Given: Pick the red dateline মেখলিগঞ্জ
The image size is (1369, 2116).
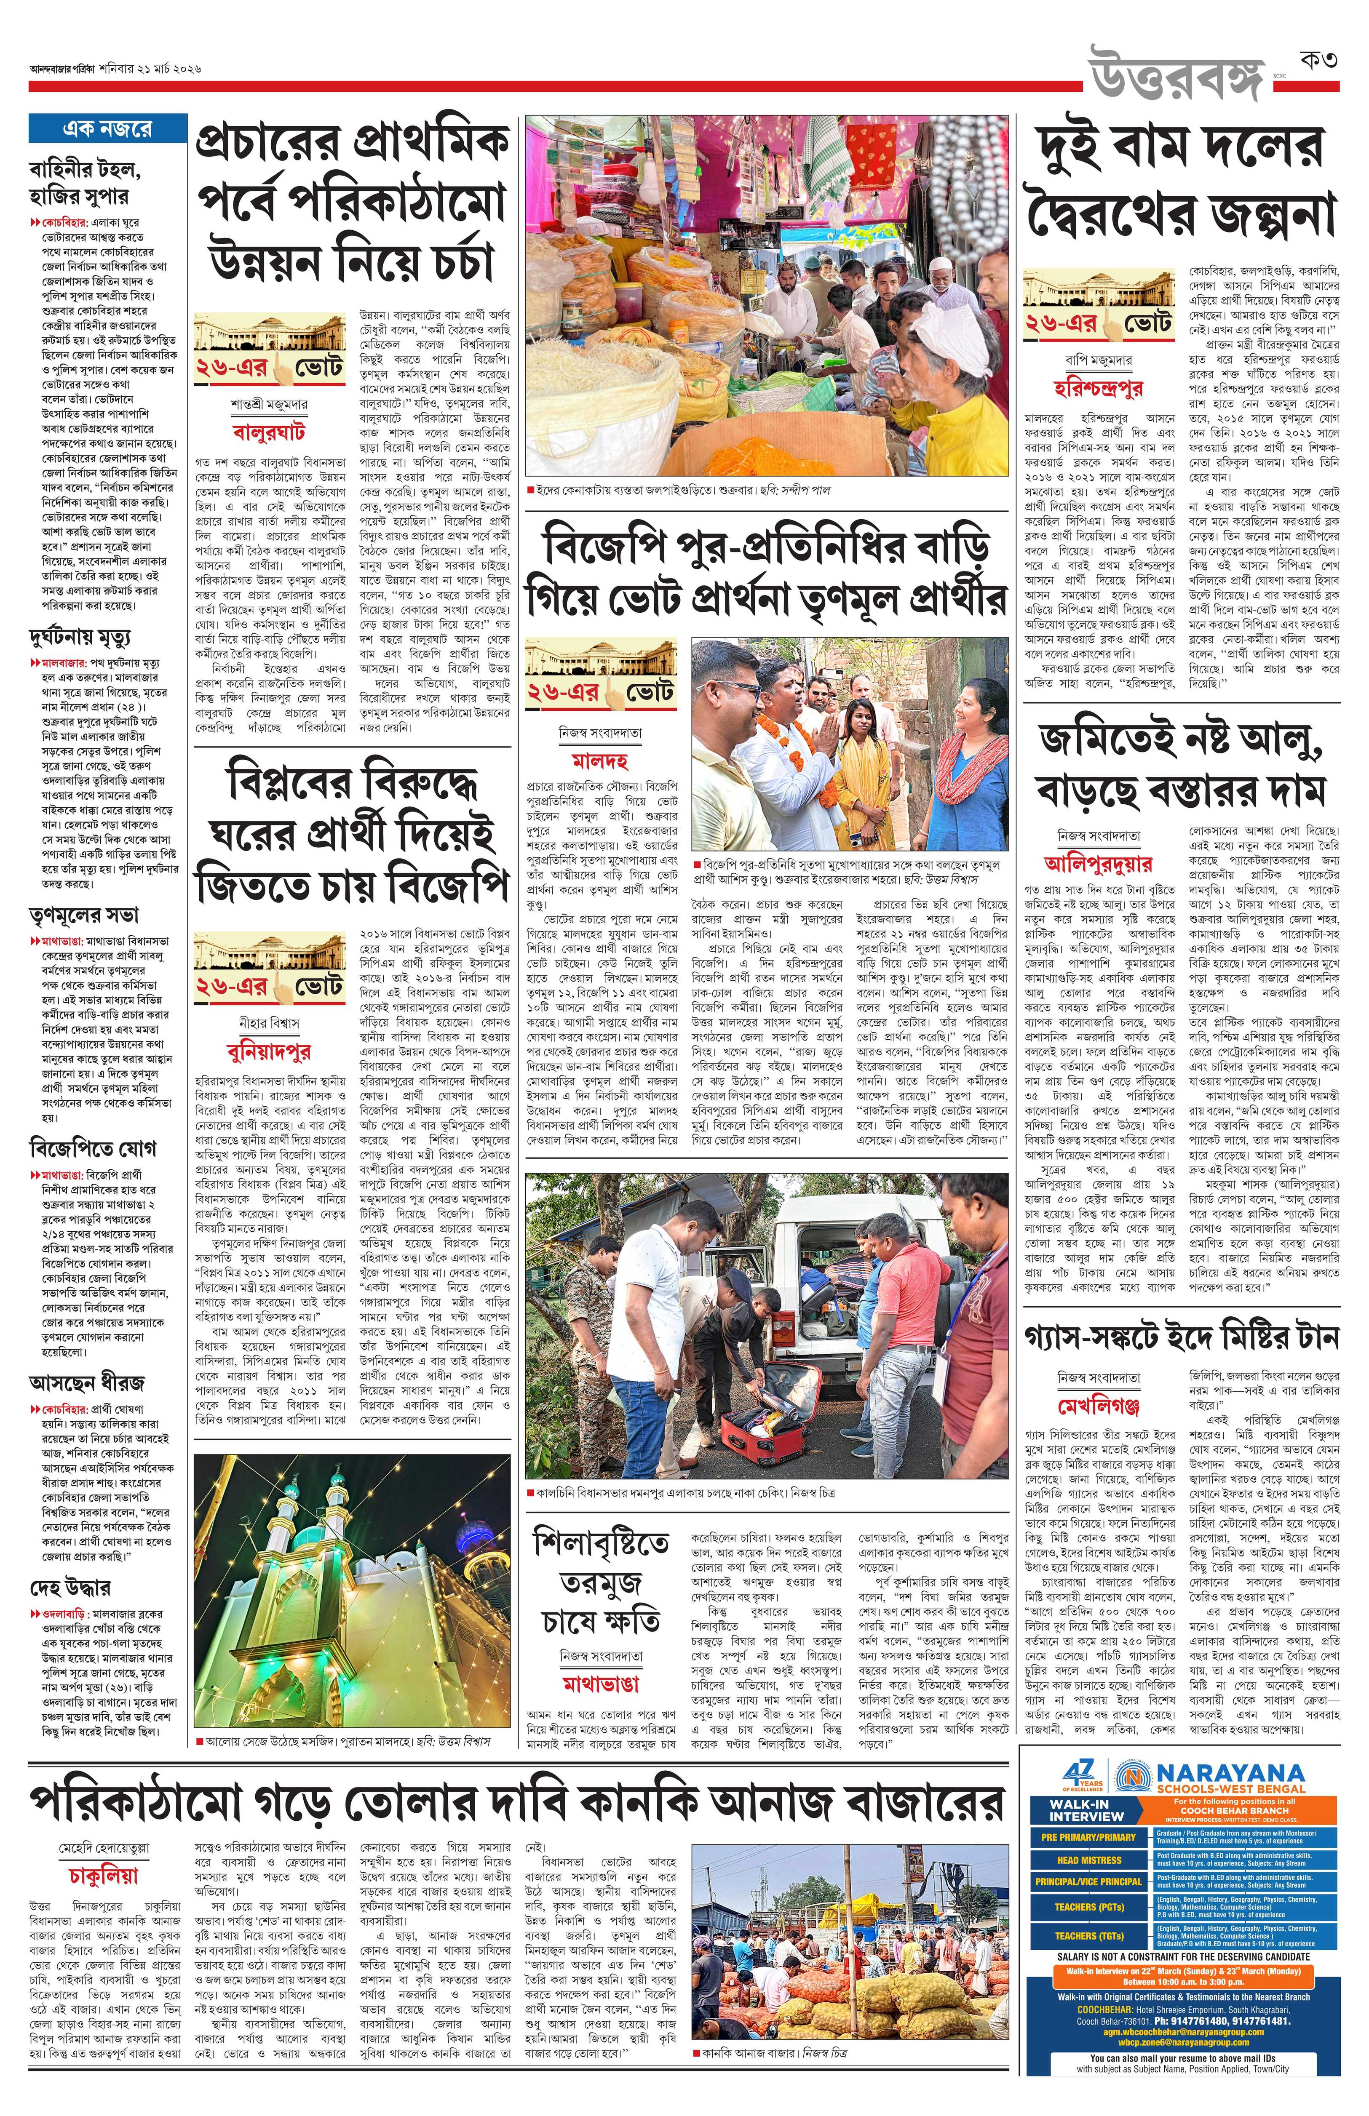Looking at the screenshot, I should [x=1099, y=1406].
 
